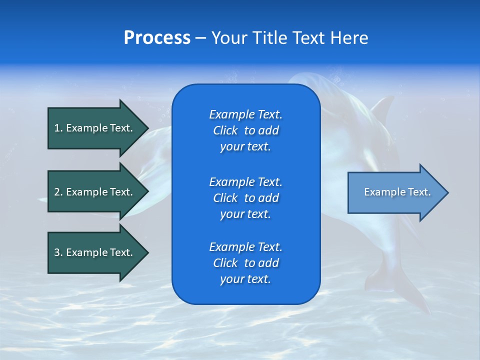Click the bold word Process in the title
(x=157, y=38)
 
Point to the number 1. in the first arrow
(x=58, y=128)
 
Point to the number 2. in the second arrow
(x=58, y=192)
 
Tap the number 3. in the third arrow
(x=58, y=252)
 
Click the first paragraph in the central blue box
(x=245, y=130)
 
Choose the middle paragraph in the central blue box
(x=245, y=197)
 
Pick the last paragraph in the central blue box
(x=245, y=263)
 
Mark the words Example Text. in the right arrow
(x=397, y=192)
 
